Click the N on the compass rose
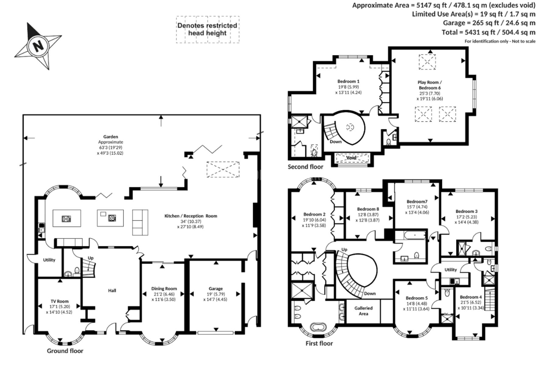(38, 46)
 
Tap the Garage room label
(216, 288)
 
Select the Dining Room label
(164, 288)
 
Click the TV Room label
(59, 301)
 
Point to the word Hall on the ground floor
(112, 291)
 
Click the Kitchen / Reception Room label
(191, 216)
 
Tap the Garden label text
(111, 137)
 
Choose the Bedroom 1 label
(348, 81)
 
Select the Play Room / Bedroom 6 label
(430, 85)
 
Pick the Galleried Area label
(363, 311)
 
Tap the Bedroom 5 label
(416, 298)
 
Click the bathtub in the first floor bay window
(318, 327)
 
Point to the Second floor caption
(305, 167)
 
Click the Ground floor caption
(65, 351)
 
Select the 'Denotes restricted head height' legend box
(207, 30)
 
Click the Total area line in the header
(488, 32)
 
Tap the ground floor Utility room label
(49, 260)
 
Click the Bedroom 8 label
(368, 209)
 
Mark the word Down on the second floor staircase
(336, 142)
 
